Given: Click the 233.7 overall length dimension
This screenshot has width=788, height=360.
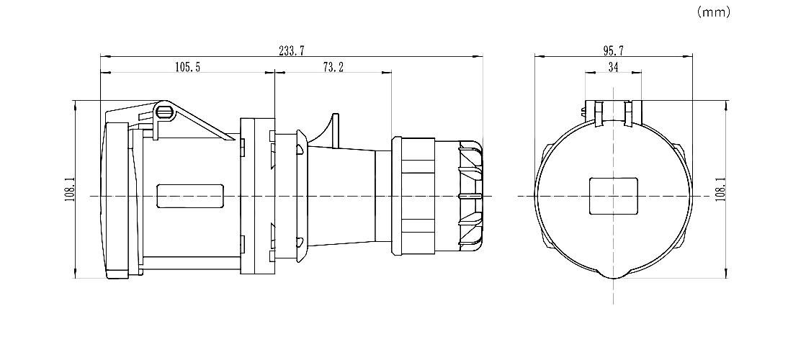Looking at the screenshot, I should point(292,50).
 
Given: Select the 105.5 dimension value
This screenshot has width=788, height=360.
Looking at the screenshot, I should point(187,67).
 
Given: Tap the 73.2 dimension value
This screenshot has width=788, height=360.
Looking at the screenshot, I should point(333,67).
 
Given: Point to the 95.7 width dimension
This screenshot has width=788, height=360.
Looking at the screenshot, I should point(613,50).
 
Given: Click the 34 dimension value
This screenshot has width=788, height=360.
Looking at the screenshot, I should point(613,67).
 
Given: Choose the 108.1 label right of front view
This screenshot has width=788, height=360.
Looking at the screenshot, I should point(720,189).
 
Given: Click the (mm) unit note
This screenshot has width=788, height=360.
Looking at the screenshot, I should point(714,12).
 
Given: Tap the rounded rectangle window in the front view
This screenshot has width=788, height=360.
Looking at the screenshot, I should point(613,196).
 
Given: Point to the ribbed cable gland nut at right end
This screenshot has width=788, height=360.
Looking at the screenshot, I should point(467,196).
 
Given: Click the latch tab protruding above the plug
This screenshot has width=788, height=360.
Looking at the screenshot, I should point(333,130).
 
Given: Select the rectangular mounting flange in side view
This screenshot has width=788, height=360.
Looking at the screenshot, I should point(256,196).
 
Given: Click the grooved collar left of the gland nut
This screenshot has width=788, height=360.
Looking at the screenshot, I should point(414,196).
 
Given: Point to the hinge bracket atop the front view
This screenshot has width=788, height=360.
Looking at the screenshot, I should point(613,112).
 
